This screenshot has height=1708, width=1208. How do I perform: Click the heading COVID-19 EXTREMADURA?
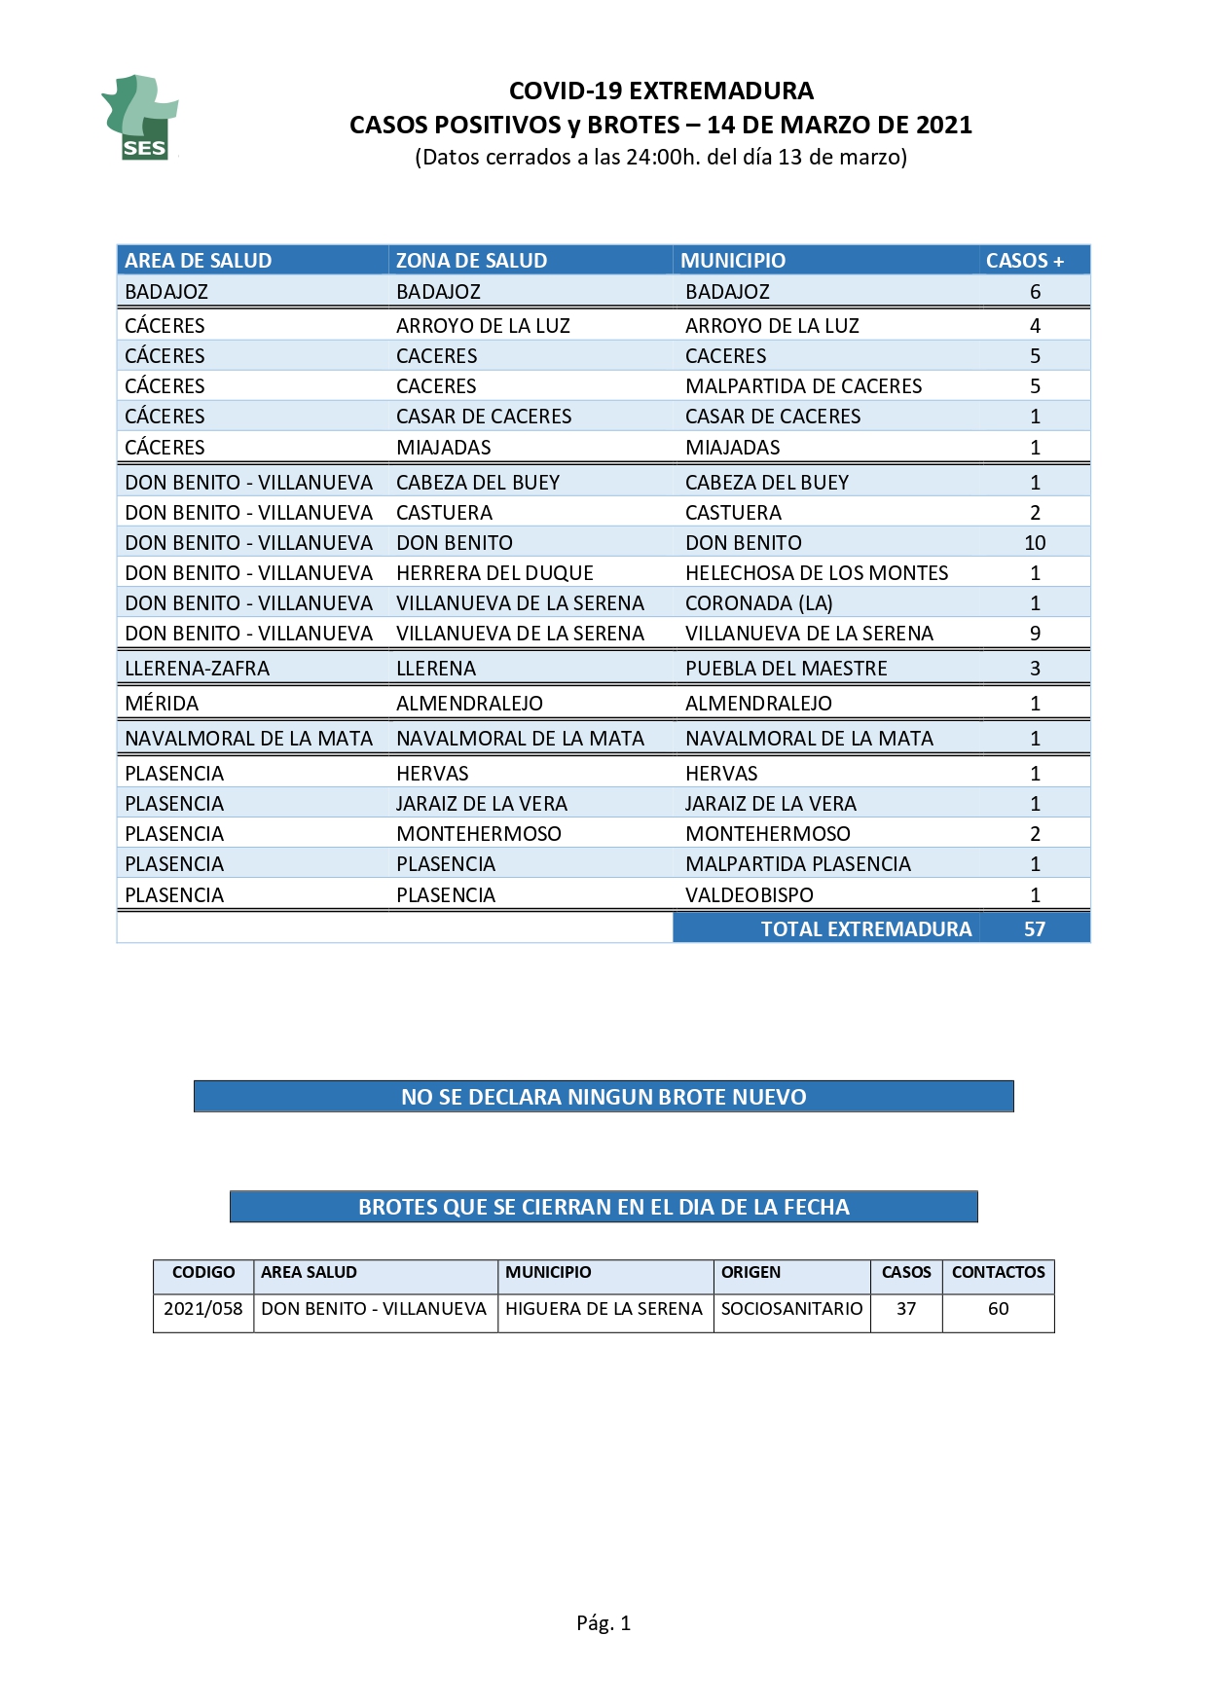(x=661, y=91)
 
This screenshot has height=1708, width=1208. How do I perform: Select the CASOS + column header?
(x=1024, y=261)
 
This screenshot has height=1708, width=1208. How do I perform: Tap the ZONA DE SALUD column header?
(x=471, y=261)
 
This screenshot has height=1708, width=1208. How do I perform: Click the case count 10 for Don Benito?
(x=1035, y=543)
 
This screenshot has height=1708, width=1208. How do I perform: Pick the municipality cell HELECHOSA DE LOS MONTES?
(x=817, y=573)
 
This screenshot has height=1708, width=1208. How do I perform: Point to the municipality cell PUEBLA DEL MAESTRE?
(x=787, y=669)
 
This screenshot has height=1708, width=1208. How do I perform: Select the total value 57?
(x=1035, y=929)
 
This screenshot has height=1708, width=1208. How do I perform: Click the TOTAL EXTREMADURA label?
(x=866, y=929)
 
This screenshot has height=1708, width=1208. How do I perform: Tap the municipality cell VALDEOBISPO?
(x=750, y=895)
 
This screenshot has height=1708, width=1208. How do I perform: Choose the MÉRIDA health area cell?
(x=162, y=704)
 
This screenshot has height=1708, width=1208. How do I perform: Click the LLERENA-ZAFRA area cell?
(x=198, y=669)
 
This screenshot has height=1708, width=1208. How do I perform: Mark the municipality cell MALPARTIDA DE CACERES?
(x=804, y=386)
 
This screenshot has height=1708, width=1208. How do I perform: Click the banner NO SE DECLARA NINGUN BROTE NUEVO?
(x=604, y=1097)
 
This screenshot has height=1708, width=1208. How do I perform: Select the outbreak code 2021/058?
(x=203, y=1309)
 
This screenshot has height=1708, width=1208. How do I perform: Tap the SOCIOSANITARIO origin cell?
(x=791, y=1309)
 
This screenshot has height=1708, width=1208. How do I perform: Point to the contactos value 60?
(x=999, y=1309)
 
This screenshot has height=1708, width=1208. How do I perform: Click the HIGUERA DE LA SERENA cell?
(x=604, y=1309)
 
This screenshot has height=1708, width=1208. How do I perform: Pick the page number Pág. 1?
(x=604, y=1622)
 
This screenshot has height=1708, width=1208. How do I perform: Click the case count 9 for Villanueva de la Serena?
(x=1035, y=634)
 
